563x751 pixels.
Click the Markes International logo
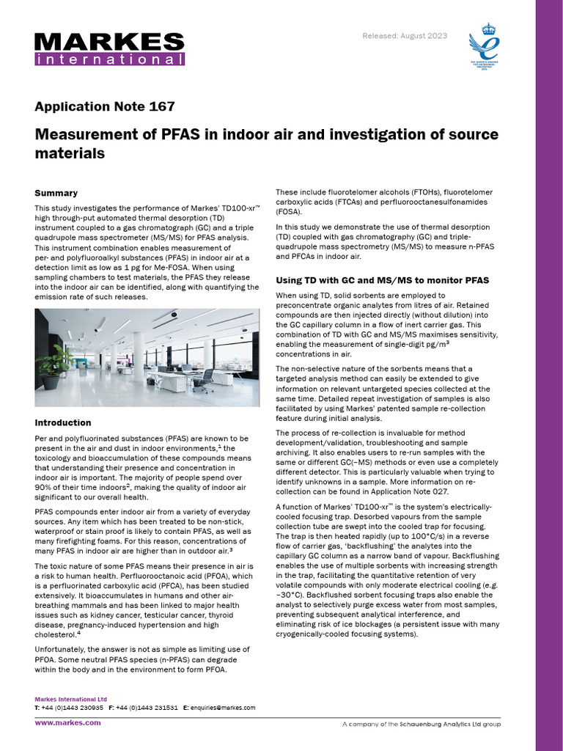(x=109, y=48)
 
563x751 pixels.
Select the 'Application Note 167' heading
(x=105, y=106)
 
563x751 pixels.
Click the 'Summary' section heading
(x=56, y=193)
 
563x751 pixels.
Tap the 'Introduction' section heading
(x=63, y=422)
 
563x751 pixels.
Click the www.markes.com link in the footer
(x=68, y=722)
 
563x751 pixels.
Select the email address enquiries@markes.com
(x=223, y=708)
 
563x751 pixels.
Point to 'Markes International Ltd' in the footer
(x=70, y=700)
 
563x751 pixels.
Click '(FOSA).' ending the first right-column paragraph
(x=288, y=212)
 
